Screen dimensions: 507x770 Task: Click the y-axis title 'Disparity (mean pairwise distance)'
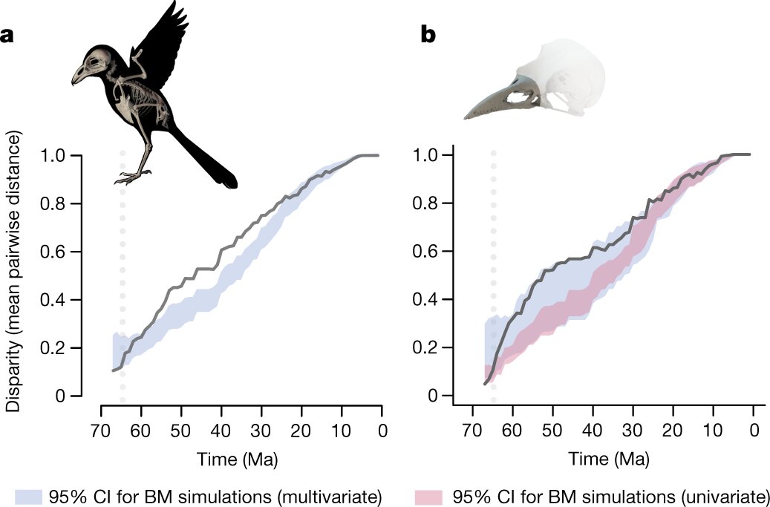(x=13, y=271)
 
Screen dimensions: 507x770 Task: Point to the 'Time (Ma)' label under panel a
(x=238, y=459)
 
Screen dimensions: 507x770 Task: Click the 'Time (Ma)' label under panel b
(x=609, y=459)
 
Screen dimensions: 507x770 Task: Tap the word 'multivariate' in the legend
(x=339, y=496)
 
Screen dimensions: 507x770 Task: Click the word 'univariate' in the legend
(x=727, y=496)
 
